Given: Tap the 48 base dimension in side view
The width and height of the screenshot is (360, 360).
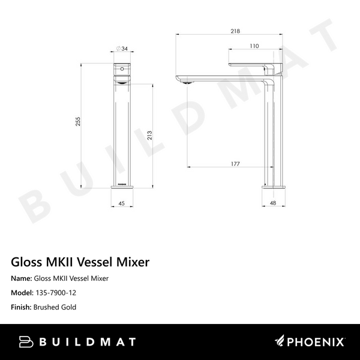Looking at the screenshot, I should (x=274, y=203).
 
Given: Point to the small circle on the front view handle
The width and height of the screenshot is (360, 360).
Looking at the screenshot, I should (x=123, y=70).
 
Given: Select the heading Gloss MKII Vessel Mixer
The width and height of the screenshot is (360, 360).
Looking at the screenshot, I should (x=80, y=262).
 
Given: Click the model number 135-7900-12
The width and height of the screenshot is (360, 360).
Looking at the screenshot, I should (x=55, y=293).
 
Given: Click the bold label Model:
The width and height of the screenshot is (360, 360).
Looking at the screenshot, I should (x=22, y=293).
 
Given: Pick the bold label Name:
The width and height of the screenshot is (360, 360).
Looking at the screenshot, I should (x=22, y=278).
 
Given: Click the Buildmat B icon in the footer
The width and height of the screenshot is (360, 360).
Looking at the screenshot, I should (x=26, y=341).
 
